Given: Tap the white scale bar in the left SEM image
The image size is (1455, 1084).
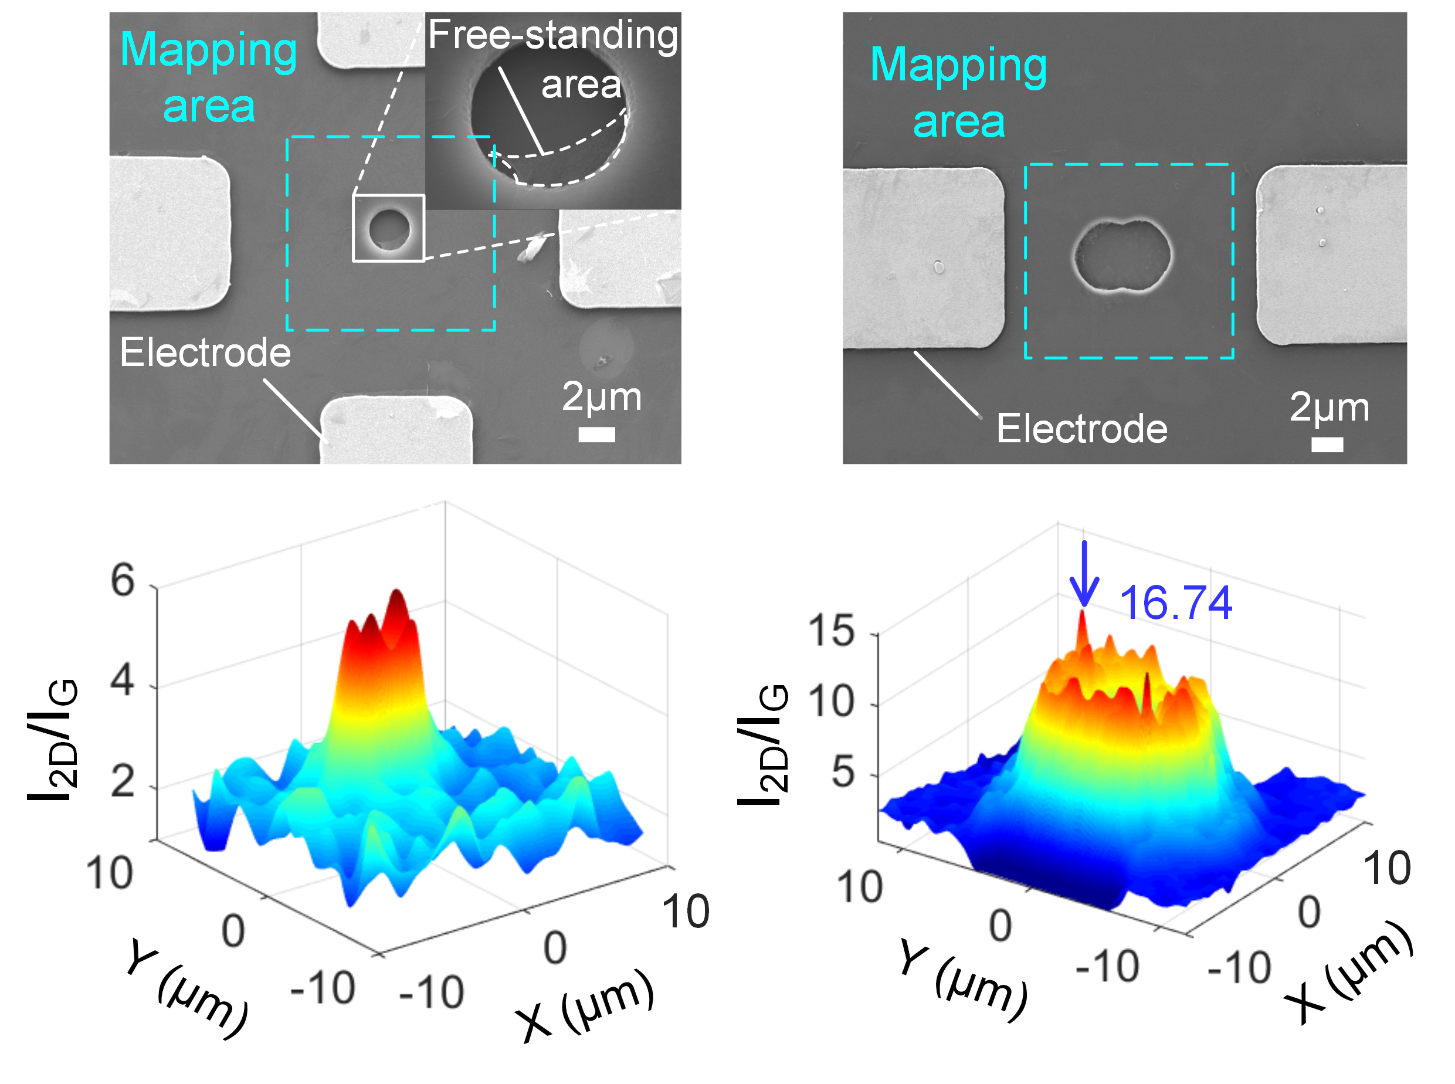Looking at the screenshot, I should pyautogui.click(x=596, y=435).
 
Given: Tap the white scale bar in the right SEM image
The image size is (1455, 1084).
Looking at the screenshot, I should pyautogui.click(x=1327, y=445).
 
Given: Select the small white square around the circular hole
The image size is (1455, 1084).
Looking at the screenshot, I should pyautogui.click(x=388, y=228).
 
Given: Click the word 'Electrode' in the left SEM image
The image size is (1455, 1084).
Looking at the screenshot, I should pyautogui.click(x=205, y=353).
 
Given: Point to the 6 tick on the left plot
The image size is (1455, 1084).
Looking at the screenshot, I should pyautogui.click(x=123, y=580).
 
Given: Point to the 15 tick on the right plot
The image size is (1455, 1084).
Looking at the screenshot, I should pyautogui.click(x=831, y=631).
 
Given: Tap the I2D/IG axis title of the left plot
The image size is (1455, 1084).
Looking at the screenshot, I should pyautogui.click(x=52, y=740).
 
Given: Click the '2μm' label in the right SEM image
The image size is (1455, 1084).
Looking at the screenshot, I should pyautogui.click(x=1329, y=407).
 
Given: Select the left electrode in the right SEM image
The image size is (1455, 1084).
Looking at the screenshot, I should pyautogui.click(x=922, y=258).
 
